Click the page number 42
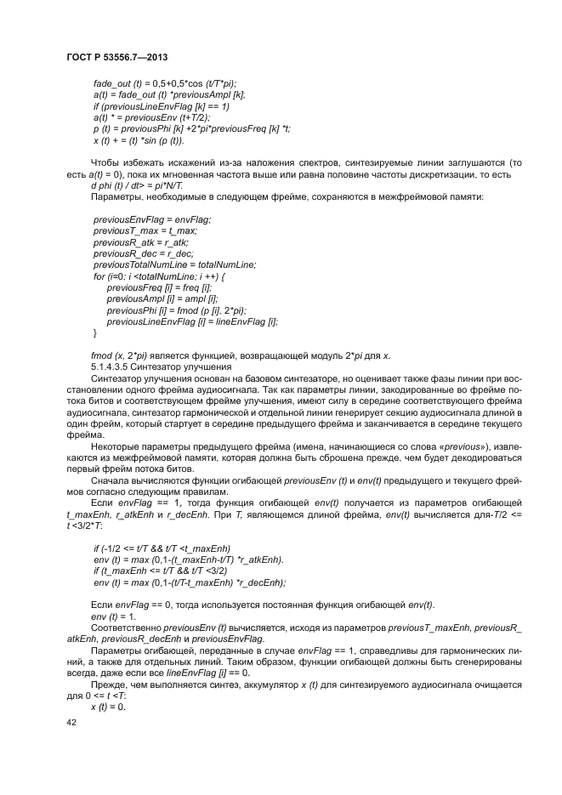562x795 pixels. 71,722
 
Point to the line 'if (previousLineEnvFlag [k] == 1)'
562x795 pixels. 162,106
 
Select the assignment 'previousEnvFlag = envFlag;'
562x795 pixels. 152,219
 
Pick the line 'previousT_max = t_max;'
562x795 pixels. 145,230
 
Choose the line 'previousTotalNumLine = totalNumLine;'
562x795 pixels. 174,264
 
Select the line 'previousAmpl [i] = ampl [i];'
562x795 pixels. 162,298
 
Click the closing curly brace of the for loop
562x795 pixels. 95,332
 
